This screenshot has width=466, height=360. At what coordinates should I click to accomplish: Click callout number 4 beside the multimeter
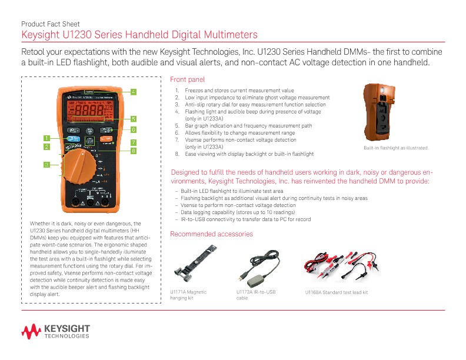click(134, 92)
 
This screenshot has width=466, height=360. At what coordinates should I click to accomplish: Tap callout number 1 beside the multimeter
click(46, 138)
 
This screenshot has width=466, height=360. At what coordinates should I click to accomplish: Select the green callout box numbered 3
click(46, 164)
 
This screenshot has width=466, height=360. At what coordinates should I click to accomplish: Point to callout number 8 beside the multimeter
click(134, 151)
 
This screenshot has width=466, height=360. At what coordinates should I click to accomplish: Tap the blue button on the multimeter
click(73, 139)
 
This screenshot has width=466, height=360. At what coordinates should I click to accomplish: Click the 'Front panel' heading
click(187, 79)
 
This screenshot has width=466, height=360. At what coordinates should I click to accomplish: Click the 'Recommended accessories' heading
click(211, 234)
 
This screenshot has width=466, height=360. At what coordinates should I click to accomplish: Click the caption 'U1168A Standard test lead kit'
click(336, 292)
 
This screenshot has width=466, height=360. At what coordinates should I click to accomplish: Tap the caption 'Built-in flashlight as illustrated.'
click(396, 148)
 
